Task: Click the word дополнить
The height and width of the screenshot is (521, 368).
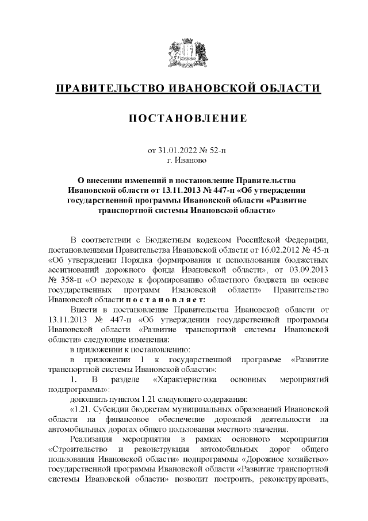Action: (x=88, y=398)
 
